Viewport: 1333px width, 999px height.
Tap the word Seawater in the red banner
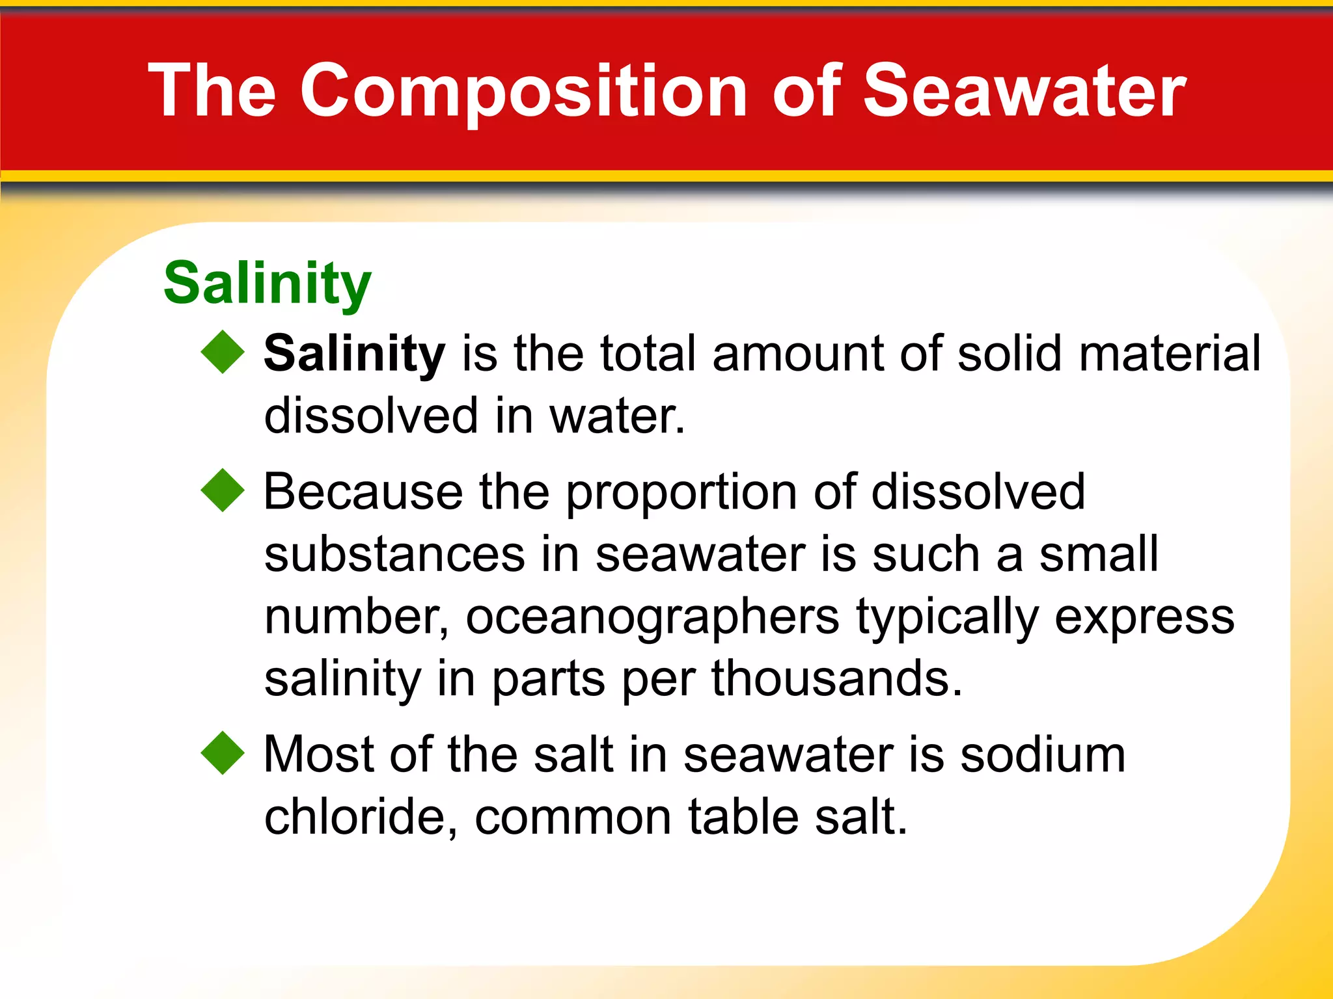click(x=1024, y=91)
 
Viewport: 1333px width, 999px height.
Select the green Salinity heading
click(x=267, y=282)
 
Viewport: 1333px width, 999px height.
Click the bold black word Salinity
click(x=354, y=353)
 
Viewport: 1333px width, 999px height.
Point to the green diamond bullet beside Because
click(x=223, y=490)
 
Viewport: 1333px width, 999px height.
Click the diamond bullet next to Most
click(x=223, y=753)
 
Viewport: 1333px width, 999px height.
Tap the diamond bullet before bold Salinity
click(x=223, y=352)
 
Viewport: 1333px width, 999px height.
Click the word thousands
click(x=836, y=678)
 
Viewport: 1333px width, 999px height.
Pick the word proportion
click(x=681, y=492)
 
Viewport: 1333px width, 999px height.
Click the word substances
click(x=394, y=554)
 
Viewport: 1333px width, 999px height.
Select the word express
click(x=1144, y=618)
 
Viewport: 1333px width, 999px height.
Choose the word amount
click(x=797, y=354)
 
